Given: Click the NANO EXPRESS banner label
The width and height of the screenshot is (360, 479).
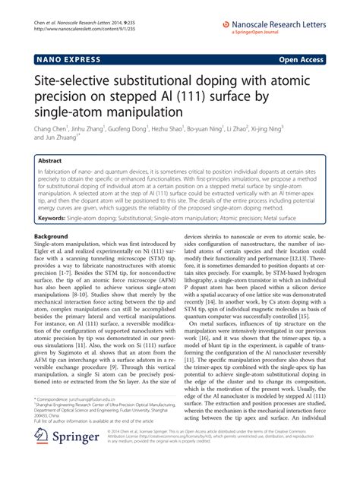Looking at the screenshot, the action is tap(63, 57).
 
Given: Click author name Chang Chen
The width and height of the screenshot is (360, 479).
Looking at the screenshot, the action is tap(52, 130).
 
